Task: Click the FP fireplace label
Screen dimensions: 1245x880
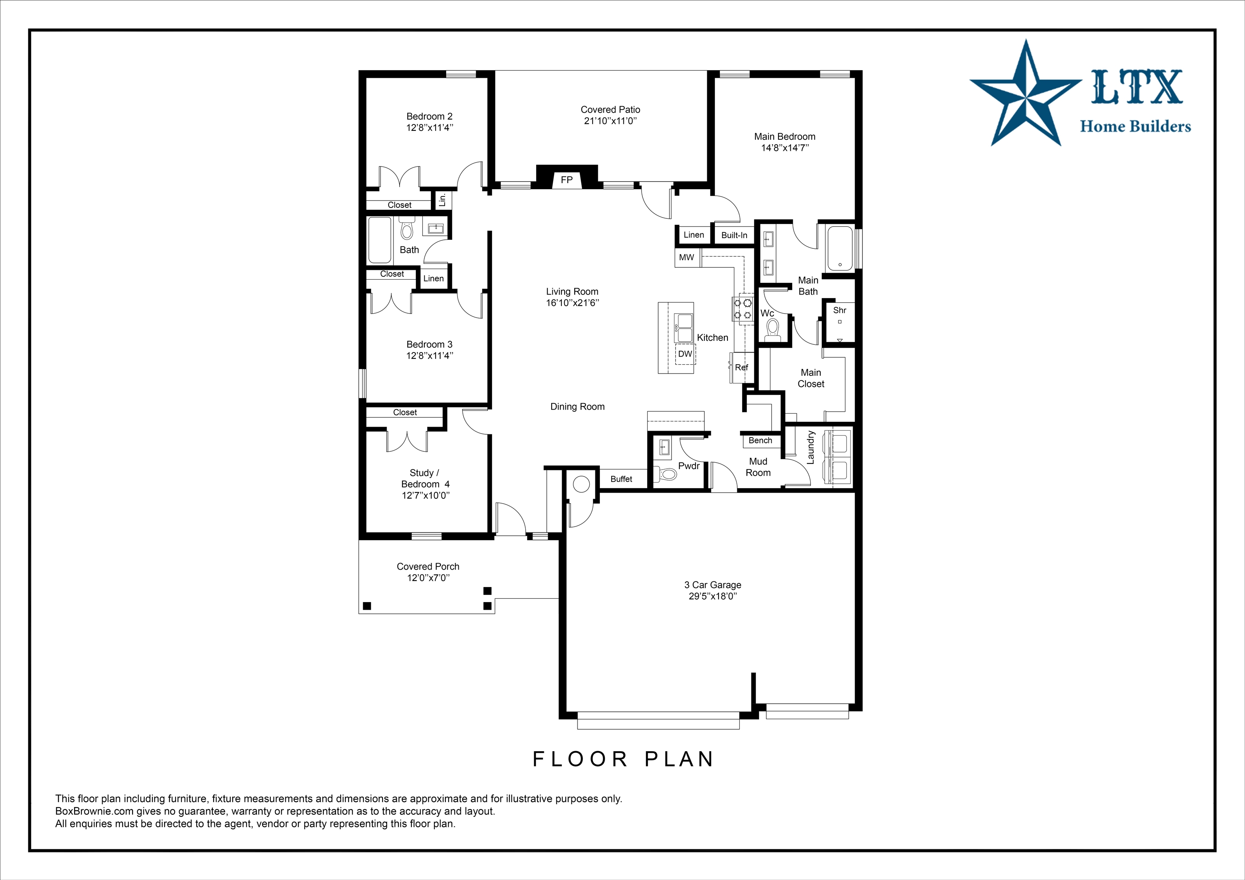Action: [567, 180]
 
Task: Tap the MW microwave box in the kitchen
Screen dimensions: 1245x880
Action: [687, 258]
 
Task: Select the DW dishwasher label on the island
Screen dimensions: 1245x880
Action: [685, 354]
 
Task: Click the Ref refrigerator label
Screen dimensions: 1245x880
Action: [741, 367]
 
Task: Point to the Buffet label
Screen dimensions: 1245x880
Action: [621, 479]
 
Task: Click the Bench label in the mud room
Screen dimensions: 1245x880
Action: [760, 441]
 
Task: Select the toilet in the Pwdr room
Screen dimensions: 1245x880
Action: [665, 474]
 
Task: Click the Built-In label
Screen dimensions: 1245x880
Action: [734, 235]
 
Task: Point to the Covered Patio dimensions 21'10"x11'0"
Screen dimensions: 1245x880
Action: [611, 121]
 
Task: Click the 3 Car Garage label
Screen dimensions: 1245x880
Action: [712, 585]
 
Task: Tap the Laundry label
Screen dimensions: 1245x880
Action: [811, 447]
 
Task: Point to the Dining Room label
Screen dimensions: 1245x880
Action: [578, 407]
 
